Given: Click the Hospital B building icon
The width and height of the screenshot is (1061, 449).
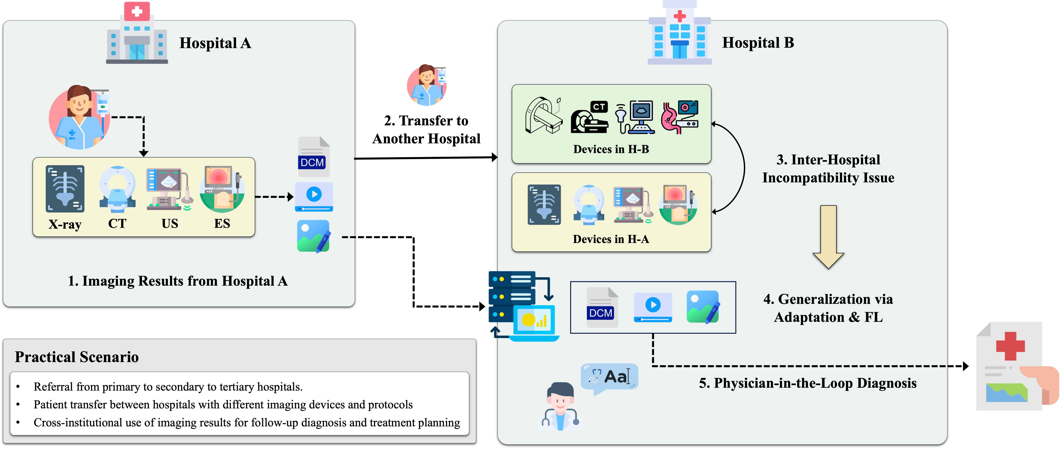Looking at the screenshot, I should (x=680, y=33).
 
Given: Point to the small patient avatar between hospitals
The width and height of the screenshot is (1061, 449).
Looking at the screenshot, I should (x=427, y=85).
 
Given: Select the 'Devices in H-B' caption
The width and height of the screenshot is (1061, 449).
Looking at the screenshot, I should (x=611, y=149).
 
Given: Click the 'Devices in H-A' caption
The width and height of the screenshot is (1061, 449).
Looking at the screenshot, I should (x=611, y=239).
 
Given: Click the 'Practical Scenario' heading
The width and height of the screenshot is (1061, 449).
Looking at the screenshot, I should (x=77, y=357).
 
